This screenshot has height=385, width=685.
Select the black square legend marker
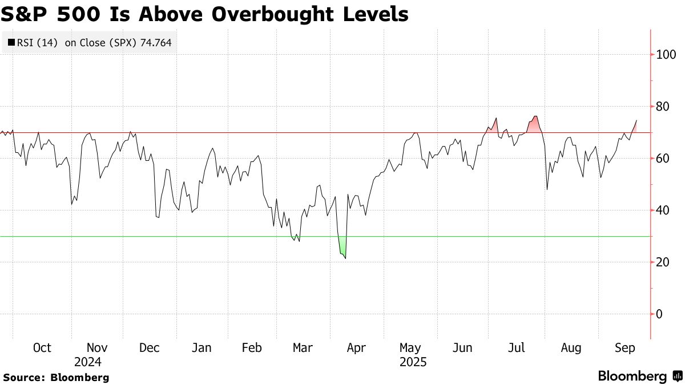click(x=11, y=42)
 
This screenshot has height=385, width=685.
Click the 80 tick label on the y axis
click(x=662, y=107)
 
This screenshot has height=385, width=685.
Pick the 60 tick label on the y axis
click(x=662, y=159)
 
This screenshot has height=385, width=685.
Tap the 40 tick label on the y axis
click(x=662, y=210)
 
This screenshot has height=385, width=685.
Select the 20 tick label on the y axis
click(x=662, y=262)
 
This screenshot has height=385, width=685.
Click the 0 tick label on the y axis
click(x=659, y=314)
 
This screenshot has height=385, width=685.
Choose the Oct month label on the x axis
click(x=42, y=348)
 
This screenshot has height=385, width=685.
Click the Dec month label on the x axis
click(x=150, y=348)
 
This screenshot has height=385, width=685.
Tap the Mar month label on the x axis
click(x=303, y=348)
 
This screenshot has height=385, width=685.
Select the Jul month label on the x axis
click(x=517, y=348)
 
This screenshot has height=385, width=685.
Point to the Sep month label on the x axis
click(x=625, y=348)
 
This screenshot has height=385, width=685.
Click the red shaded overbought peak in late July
click(x=535, y=125)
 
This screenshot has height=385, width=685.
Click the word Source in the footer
click(x=22, y=377)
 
